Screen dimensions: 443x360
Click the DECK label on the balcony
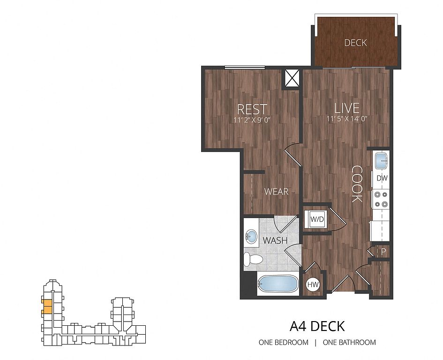pos(355,43)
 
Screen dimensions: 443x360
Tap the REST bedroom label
pos(252,109)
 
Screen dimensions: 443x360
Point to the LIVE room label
pos(346,108)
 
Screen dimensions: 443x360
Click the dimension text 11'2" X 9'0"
pos(252,120)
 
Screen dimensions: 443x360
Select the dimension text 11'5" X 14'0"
pos(347,119)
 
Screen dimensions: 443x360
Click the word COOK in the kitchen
pos(357,184)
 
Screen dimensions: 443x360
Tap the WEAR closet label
pos(276,192)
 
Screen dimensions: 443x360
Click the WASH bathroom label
pos(275,240)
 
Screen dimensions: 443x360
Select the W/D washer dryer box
pos(317,219)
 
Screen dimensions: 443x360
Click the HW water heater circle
pos(313,285)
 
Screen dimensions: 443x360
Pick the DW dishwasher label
pos(382,178)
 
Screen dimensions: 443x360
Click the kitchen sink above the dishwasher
pos(381,160)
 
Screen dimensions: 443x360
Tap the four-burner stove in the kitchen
pos(380,199)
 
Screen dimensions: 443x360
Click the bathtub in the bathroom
pos(278,284)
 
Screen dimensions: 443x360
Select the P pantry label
pos(383,252)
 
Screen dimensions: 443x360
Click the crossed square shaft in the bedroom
pos(292,78)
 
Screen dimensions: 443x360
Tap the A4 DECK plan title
pos(317,326)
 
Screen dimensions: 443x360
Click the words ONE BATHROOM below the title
pos(349,343)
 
